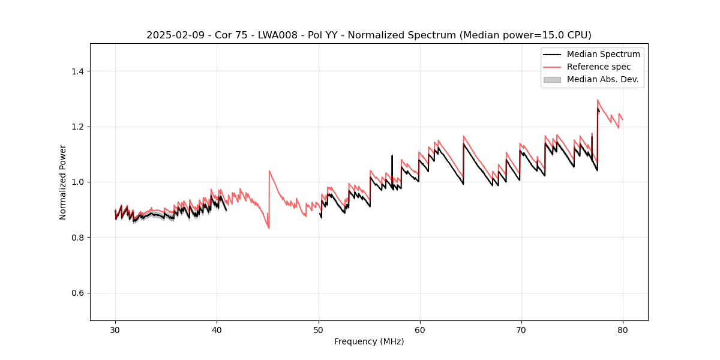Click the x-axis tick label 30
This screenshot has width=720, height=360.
point(115,329)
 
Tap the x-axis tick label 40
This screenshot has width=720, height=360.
point(217,329)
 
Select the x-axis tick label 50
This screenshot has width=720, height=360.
point(318,329)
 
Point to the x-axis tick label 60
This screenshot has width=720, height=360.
point(419,329)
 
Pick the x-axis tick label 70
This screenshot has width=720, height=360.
point(521,329)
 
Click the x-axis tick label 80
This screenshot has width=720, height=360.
point(622,329)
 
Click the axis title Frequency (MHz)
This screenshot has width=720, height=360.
point(369,341)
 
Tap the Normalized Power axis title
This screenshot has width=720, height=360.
point(63,182)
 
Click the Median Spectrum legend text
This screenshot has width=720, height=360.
point(603,54)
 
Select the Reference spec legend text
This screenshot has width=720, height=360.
point(599,67)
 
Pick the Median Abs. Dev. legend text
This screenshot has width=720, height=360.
point(603,79)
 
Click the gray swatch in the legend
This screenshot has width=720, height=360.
point(552,79)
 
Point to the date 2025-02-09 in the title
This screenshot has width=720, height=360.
point(170,35)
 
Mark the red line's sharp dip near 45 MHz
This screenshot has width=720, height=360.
point(269,228)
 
